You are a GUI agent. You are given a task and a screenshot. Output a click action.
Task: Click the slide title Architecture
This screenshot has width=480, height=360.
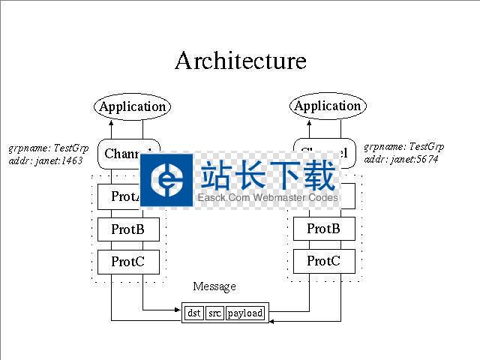(240, 61)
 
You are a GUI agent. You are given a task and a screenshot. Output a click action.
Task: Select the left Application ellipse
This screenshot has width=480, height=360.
(133, 106)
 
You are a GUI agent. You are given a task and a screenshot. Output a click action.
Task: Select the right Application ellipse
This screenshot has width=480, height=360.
(328, 106)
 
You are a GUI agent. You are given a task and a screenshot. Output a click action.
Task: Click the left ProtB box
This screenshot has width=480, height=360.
(128, 229)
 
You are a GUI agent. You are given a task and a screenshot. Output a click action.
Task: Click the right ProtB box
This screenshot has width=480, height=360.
(323, 229)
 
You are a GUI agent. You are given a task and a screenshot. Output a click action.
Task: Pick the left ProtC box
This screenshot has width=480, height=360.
(128, 262)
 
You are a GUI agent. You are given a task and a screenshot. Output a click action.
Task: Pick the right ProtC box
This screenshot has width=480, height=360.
(323, 261)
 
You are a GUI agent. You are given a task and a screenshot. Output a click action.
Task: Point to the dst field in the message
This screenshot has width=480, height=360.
(194, 313)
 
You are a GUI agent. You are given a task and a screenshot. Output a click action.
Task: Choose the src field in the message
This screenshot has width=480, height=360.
(214, 313)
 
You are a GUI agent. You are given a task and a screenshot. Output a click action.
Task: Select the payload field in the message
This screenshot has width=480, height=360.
(245, 313)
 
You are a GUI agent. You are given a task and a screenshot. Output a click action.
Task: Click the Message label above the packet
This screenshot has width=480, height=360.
(214, 286)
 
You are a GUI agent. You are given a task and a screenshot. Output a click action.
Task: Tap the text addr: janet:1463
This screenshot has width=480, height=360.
(46, 160)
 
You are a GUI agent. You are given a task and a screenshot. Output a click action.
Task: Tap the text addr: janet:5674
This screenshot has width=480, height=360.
(401, 159)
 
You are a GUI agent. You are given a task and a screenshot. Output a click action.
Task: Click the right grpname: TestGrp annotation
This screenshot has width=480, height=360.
(404, 146)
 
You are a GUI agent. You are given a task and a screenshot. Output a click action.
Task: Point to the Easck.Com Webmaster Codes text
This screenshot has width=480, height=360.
(268, 198)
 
